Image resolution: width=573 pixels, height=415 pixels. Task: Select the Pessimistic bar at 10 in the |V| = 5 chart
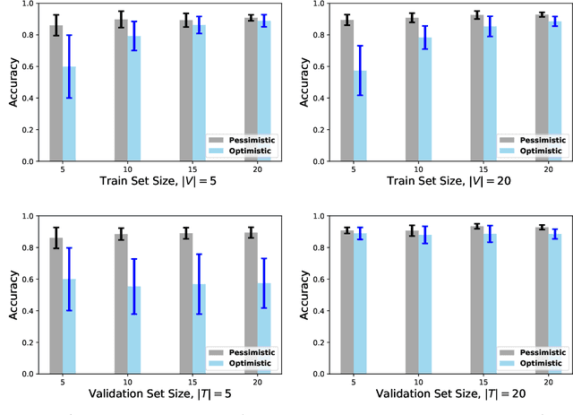[x=121, y=91]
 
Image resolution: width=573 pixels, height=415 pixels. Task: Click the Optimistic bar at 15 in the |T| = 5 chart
[x=199, y=328]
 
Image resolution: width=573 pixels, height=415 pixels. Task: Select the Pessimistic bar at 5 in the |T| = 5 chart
[x=56, y=306]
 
